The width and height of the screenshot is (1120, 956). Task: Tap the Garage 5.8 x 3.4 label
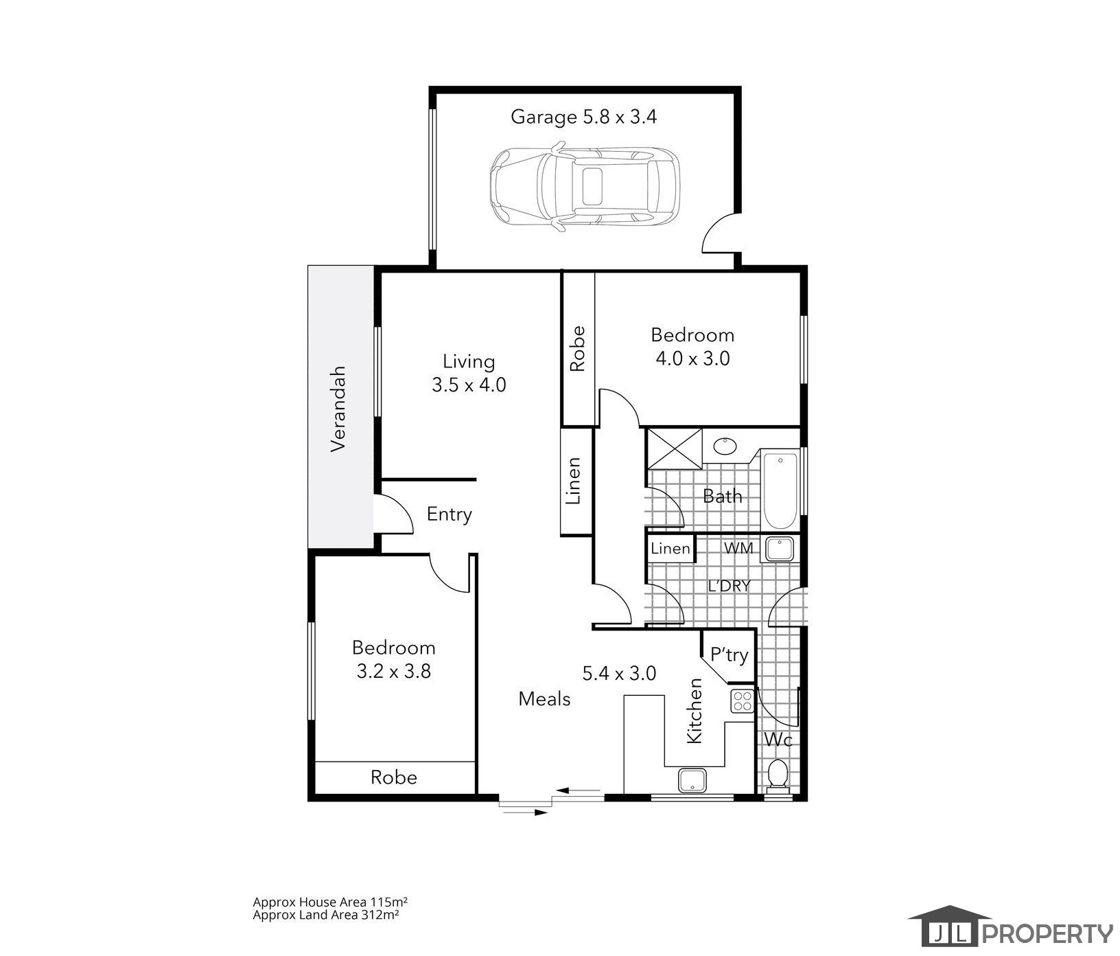[583, 117]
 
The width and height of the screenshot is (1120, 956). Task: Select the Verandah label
[338, 408]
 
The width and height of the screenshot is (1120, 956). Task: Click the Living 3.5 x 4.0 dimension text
[469, 373]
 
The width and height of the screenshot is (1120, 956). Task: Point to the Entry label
[450, 514]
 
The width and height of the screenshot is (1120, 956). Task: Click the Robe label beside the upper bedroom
[577, 348]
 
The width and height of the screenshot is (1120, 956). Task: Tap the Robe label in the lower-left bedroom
[394, 777]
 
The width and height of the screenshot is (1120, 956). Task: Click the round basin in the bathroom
[725, 446]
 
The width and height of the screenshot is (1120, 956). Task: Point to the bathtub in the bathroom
[780, 489]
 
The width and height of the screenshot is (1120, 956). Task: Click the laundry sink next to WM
[780, 549]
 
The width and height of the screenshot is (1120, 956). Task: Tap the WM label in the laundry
[739, 549]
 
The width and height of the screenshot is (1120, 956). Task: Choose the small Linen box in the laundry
[670, 549]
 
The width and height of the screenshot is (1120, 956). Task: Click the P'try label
[729, 655]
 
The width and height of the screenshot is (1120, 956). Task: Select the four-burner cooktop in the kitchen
[743, 701]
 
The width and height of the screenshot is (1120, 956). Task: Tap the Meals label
[545, 699]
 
